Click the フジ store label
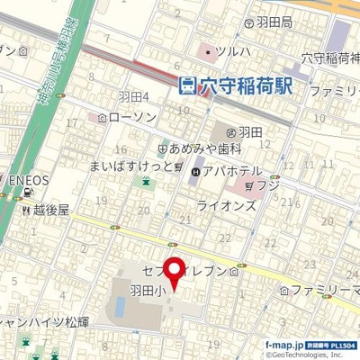point(268,184)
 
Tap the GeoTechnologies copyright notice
point(310,354)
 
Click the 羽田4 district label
point(133,96)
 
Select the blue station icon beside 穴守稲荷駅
point(187,86)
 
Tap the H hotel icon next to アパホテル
point(197,170)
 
